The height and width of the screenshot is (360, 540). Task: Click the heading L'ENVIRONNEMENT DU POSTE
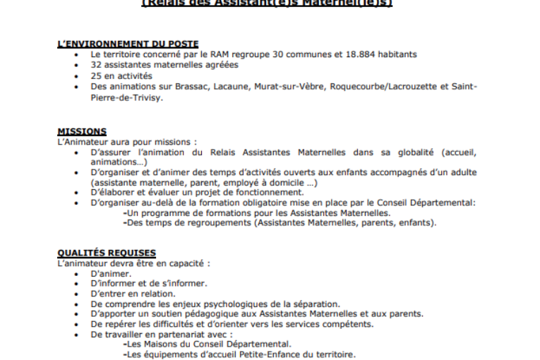click(127, 44)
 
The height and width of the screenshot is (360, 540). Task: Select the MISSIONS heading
click(82, 131)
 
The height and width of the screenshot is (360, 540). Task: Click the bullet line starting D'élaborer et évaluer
click(198, 192)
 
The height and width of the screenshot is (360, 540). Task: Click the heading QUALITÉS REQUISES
click(106, 253)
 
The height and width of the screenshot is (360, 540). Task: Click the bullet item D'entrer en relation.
click(133, 294)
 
